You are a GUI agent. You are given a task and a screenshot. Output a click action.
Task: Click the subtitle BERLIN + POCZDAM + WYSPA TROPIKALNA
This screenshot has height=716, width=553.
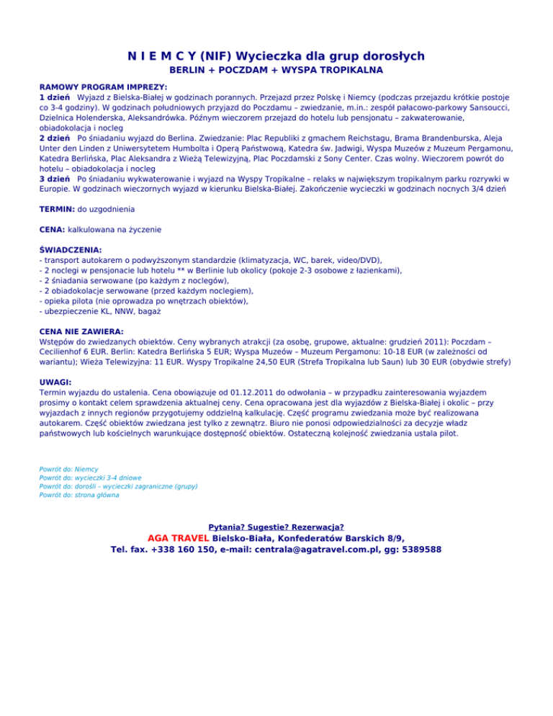tap(276, 71)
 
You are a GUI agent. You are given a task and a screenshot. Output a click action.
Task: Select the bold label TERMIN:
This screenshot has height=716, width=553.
tap(56, 209)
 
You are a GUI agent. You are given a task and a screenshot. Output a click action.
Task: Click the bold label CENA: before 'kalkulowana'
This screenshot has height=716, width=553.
tap(52, 229)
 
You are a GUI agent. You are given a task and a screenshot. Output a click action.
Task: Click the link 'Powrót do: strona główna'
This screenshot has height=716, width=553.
tap(79, 495)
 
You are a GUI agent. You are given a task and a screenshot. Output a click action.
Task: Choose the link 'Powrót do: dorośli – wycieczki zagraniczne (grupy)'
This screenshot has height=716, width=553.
tap(119, 486)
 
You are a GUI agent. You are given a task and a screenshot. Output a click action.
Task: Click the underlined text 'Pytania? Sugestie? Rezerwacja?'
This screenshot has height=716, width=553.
tap(276, 527)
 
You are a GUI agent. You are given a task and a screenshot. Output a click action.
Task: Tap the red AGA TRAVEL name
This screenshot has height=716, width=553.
tap(178, 538)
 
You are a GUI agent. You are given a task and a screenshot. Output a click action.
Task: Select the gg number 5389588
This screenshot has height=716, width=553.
tap(418, 550)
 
